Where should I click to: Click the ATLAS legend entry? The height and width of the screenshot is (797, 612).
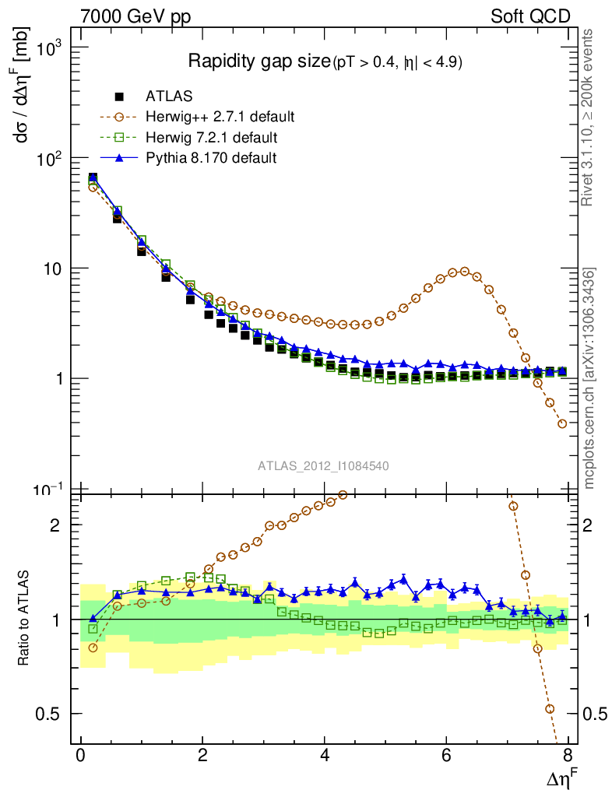(x=169, y=97)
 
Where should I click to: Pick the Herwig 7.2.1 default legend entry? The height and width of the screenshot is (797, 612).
(x=211, y=138)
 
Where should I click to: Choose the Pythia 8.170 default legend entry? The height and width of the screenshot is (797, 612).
(x=210, y=158)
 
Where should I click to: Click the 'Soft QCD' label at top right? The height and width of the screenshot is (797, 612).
(x=530, y=16)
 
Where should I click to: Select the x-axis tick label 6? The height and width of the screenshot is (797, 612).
(x=445, y=757)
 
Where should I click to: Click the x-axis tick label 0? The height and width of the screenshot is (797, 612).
(x=81, y=757)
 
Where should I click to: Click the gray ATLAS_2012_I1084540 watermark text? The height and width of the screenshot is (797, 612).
(x=324, y=465)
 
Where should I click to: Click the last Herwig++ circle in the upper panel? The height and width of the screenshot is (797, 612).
(x=562, y=423)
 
